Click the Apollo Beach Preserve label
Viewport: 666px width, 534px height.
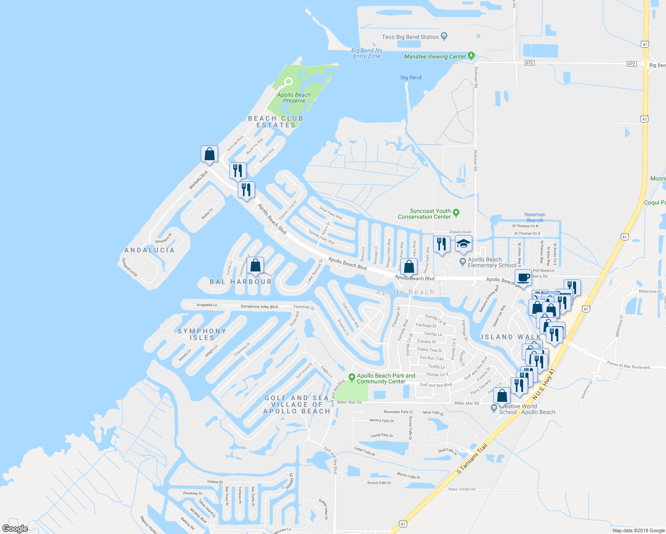294,98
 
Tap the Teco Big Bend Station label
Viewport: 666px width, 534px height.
410,37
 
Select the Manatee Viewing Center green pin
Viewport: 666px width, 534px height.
471,56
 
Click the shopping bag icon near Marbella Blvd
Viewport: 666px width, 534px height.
209,154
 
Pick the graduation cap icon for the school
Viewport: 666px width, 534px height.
463,244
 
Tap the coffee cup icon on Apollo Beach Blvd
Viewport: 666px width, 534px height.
524,278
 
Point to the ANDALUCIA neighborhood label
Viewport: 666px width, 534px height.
150,250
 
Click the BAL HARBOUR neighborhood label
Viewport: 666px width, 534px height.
240,282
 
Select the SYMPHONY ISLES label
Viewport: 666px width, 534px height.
202,334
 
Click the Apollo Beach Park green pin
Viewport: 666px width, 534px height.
352,378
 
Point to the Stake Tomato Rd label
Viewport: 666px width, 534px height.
462,489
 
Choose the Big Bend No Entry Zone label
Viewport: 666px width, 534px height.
367,53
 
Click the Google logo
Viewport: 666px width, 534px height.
15,529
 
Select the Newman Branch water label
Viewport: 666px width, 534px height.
535,218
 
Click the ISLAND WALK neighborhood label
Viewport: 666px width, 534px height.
511,337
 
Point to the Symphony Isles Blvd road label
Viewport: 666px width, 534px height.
259,307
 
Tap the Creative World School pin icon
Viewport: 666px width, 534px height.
494,408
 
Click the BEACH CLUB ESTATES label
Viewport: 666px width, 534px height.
276,121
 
